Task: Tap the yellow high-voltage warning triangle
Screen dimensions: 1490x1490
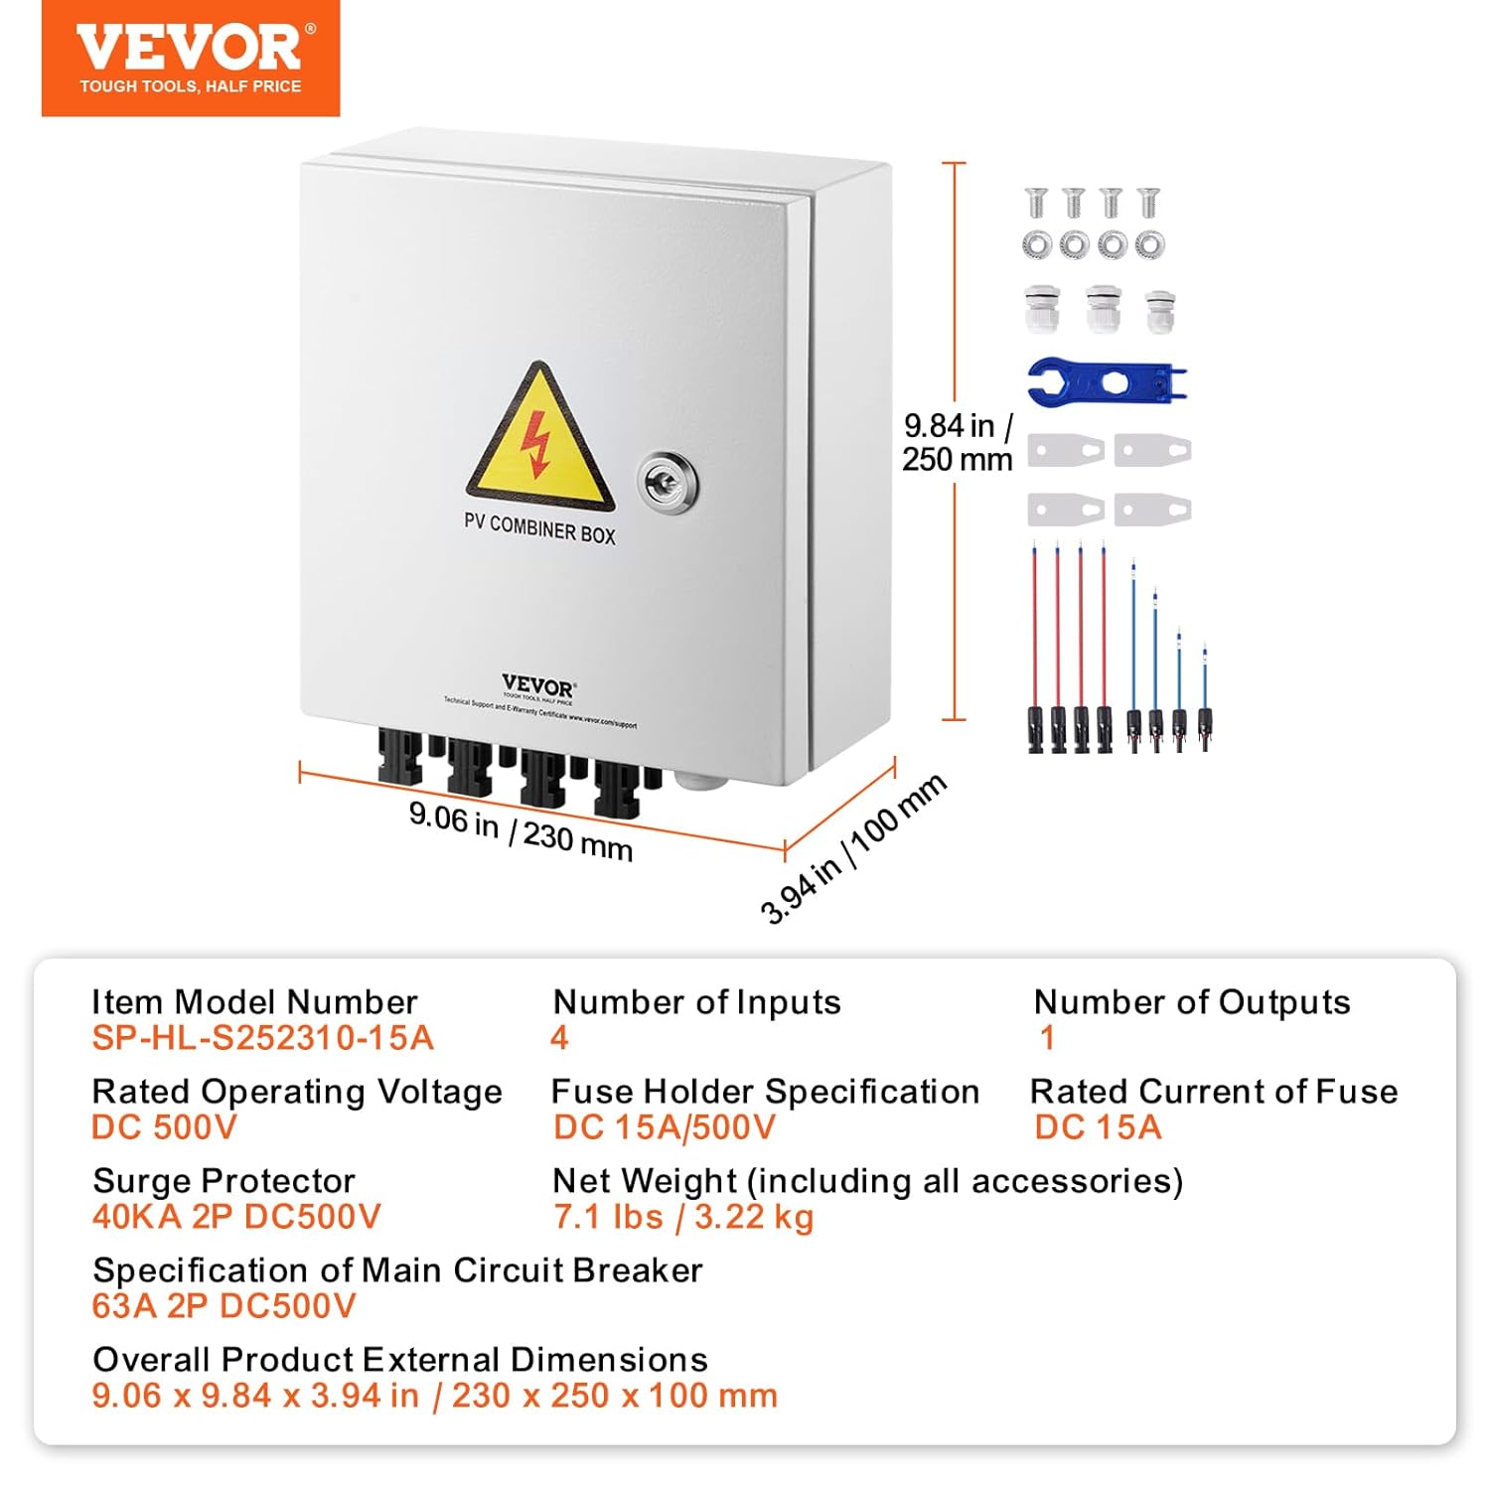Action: point(539,439)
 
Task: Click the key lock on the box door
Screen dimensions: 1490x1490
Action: point(667,484)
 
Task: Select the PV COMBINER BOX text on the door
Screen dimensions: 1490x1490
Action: point(539,528)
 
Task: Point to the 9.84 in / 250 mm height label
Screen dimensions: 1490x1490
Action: point(957,442)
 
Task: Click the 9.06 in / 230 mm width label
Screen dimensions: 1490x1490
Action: point(521,830)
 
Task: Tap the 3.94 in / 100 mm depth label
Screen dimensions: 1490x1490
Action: point(852,848)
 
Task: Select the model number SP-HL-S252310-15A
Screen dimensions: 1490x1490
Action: point(262,1038)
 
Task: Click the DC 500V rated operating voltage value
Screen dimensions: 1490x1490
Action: point(164,1127)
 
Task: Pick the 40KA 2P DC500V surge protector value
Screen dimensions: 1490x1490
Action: point(236,1217)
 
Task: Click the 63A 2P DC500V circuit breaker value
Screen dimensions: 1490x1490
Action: point(223,1306)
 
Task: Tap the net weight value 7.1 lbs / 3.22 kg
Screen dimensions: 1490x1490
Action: point(683,1217)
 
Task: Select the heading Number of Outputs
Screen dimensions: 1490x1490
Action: point(1191,1002)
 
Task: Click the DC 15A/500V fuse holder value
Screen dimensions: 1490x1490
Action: point(664,1127)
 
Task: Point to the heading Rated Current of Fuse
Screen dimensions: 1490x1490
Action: point(1213,1092)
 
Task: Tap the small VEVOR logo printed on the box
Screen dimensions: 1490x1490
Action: point(537,686)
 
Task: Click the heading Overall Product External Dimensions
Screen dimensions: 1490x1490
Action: point(399,1360)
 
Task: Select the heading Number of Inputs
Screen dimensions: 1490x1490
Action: point(696,1002)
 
